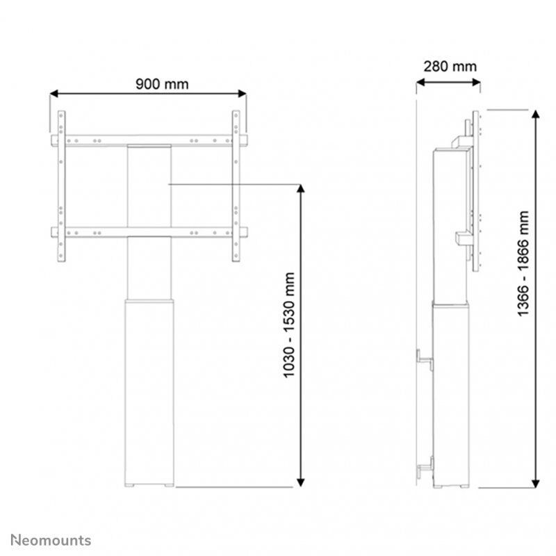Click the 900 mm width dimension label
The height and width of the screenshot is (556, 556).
[x=162, y=85]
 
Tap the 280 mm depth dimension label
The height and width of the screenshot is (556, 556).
[x=450, y=67]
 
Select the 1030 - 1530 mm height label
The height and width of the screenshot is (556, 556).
[x=290, y=334]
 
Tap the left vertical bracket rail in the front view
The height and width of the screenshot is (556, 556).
[x=61, y=186]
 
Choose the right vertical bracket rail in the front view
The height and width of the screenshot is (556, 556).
[x=236, y=186]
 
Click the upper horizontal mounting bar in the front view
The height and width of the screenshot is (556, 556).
[x=149, y=140]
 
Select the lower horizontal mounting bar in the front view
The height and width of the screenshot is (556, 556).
[x=149, y=231]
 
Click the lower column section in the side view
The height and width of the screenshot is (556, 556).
[x=451, y=393]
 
